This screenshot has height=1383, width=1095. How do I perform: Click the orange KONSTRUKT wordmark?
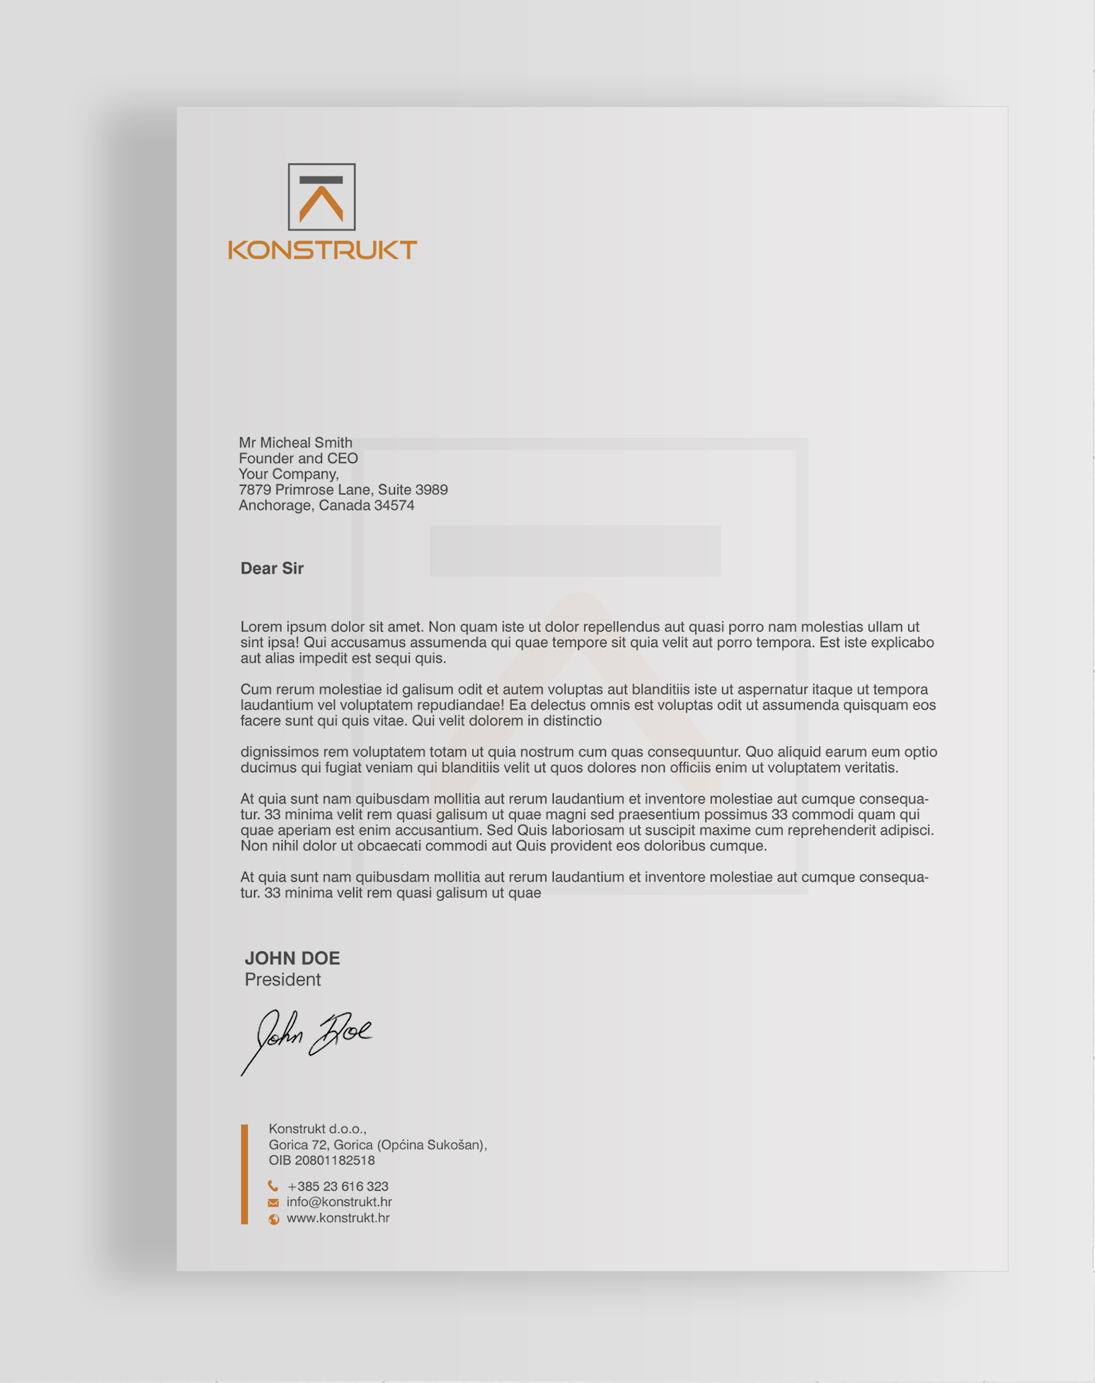click(x=322, y=250)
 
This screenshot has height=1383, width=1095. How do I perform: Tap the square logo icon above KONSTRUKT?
click(x=321, y=197)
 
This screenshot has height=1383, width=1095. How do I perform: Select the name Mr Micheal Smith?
click(x=295, y=442)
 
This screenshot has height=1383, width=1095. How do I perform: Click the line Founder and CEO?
click(x=298, y=459)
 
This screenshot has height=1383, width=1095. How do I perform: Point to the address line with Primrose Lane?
click(x=343, y=490)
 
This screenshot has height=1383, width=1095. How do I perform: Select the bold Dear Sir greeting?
click(x=272, y=568)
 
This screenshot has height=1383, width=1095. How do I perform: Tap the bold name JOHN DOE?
click(x=292, y=958)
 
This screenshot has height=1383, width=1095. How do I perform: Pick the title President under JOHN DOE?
click(x=282, y=980)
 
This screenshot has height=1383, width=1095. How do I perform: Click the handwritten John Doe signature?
click(x=308, y=1038)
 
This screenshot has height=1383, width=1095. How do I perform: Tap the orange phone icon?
click(x=273, y=1186)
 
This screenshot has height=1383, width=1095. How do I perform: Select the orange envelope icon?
click(x=273, y=1203)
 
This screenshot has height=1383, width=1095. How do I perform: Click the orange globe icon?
click(x=274, y=1219)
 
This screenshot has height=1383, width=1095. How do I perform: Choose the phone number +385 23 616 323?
click(x=338, y=1186)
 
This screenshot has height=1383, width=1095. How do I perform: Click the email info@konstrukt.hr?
click(x=339, y=1202)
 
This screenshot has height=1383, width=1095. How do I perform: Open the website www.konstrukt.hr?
click(x=338, y=1218)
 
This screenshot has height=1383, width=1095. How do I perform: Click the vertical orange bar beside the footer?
click(x=245, y=1174)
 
